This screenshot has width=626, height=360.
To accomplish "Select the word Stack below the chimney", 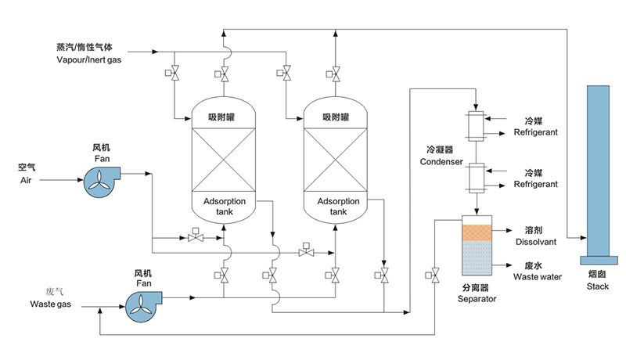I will [x=597, y=286].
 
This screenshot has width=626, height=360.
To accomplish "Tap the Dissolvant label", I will [x=535, y=243].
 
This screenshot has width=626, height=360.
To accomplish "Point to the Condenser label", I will [x=442, y=163].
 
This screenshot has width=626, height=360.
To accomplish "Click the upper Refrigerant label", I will [x=536, y=133].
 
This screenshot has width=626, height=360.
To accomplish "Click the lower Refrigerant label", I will [x=536, y=184].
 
